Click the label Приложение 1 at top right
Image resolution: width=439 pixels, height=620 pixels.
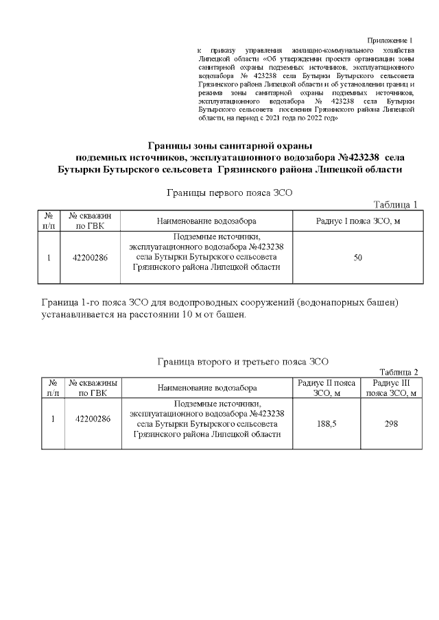tap(390, 42)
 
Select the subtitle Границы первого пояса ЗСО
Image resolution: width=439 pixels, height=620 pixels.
tap(230, 193)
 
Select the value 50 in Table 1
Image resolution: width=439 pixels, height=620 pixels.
tap(357, 258)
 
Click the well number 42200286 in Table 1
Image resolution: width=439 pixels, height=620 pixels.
tap(90, 258)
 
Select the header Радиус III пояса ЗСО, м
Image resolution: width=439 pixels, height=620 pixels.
tap(391, 388)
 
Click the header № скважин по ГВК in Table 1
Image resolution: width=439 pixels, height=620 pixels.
tap(90, 221)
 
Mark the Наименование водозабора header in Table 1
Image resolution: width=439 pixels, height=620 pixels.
tap(206, 221)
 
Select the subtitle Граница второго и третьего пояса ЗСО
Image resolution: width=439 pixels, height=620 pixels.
tap(243, 360)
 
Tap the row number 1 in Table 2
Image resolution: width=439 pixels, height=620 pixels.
tap(53, 419)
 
